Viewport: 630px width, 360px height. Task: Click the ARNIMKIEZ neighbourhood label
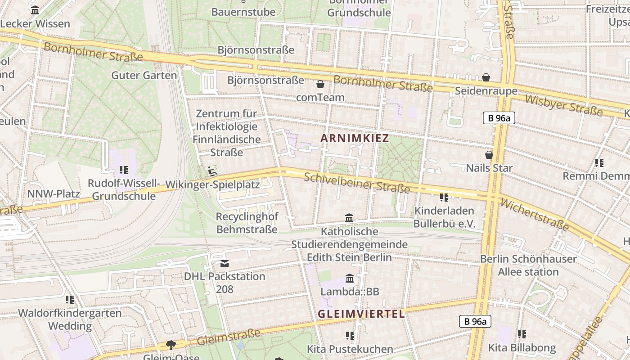355,138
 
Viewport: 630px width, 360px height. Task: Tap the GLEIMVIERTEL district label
361,314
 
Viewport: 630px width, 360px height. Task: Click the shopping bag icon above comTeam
320,84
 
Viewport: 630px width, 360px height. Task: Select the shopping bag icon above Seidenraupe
486,77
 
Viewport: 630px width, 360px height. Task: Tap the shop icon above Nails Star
489,155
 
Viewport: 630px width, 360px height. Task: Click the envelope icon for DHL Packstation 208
225,263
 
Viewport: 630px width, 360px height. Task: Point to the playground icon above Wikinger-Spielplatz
212,171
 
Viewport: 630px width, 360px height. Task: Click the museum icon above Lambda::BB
350,278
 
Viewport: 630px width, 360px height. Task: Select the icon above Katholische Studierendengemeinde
349,218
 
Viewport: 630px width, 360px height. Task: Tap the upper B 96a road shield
499,118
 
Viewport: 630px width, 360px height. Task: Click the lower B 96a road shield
475,321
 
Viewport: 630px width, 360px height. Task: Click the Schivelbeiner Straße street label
357,183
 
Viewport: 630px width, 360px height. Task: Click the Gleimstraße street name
229,337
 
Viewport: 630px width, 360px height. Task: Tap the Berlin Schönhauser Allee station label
528,265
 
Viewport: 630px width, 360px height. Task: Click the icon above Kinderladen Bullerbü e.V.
444,197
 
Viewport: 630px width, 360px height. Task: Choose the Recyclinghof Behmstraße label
247,223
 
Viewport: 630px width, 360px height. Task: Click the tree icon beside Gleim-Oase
171,345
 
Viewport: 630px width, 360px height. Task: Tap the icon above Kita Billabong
522,334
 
